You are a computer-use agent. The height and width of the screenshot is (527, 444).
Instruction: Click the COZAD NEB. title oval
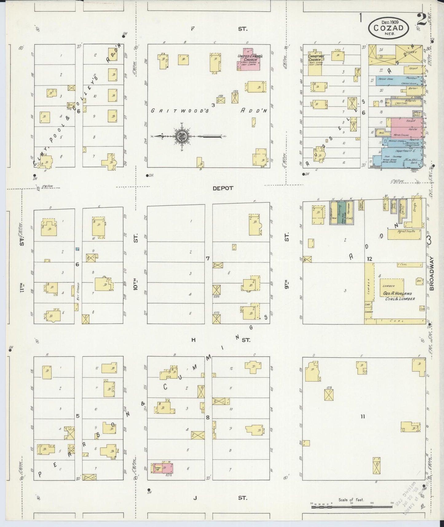click(388, 27)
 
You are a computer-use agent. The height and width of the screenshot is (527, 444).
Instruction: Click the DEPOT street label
click(223, 188)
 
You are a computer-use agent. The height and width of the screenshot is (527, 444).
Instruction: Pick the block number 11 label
click(363, 417)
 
